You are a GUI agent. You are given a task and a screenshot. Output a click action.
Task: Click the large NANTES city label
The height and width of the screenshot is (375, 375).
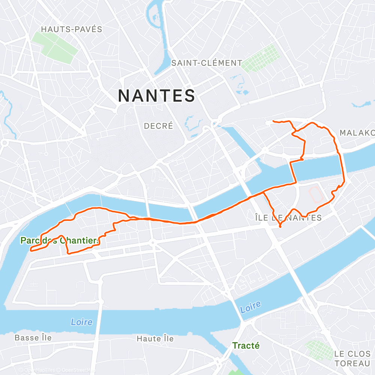point(156,96)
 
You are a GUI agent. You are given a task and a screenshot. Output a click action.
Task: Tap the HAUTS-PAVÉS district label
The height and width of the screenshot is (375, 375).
point(71,29)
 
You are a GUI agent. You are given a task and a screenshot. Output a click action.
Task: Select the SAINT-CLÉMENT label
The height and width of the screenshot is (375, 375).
point(207,63)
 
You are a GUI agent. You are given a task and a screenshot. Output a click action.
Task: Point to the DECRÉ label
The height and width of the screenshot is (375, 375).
point(159,126)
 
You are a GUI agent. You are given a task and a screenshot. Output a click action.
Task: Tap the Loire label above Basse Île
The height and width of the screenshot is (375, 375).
point(81,322)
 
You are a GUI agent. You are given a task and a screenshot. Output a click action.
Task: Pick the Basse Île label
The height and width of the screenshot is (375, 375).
point(33,338)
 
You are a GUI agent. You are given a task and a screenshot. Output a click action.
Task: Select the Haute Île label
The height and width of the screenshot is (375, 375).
point(155,339)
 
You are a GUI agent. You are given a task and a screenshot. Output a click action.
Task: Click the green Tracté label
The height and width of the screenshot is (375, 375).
point(246,345)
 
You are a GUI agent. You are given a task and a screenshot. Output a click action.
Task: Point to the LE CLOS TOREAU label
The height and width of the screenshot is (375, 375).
point(352,358)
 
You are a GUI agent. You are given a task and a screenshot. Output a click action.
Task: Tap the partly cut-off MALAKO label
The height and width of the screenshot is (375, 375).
point(357,133)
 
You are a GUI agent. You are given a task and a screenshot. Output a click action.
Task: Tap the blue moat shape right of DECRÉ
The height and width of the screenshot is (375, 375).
point(193,124)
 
